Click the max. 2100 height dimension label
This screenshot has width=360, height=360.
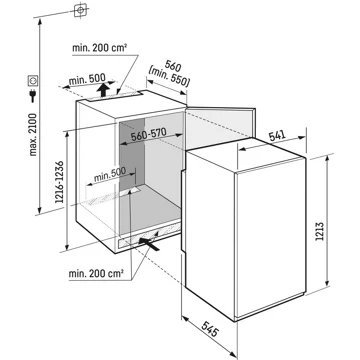coord(33,135)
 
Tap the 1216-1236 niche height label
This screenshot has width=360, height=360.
coord(60,182)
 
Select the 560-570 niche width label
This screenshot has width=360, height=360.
coord(148,134)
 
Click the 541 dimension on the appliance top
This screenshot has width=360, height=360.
coord(277,135)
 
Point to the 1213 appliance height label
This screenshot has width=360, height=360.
coord(319,231)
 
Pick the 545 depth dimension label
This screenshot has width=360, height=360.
coord(210,327)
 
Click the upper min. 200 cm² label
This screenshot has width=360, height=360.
coord(99,48)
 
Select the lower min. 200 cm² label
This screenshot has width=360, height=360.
coord(96,274)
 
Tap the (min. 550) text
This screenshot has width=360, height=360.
coord(169,78)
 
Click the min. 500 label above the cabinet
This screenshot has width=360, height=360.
coord(87,80)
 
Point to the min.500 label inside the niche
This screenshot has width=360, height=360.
coord(110,174)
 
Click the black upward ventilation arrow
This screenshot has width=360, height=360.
coord(104,90)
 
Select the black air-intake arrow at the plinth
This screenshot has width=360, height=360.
coord(149,244)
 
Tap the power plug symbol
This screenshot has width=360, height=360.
coord(33,95)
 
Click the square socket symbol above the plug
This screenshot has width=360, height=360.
coord(33,80)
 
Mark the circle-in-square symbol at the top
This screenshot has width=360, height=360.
coord(80,10)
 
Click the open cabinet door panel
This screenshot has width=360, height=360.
coord(220,128)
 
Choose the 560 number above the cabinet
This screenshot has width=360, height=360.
coord(173,67)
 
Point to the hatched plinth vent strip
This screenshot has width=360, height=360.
coord(150,236)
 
